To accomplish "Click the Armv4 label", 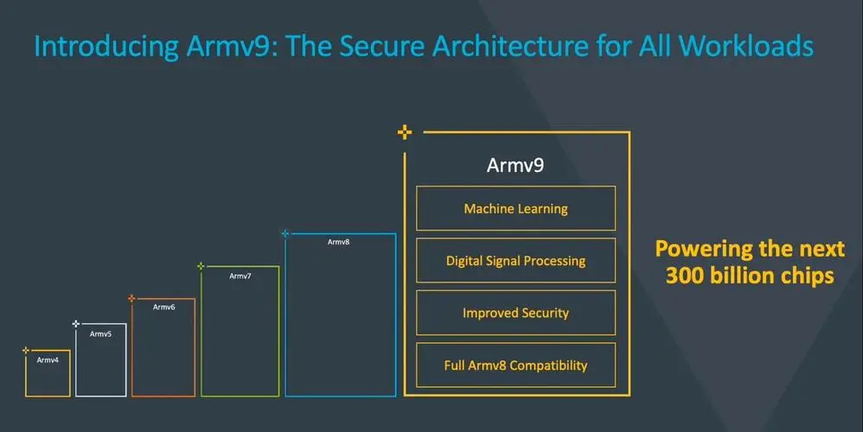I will [x=48, y=359].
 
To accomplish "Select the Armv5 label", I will [x=101, y=334].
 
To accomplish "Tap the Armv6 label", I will [x=164, y=307].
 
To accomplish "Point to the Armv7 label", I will [x=240, y=276].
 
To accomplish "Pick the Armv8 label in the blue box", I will [x=338, y=242].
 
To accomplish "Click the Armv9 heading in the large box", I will [x=515, y=164].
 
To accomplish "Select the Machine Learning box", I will [x=515, y=208].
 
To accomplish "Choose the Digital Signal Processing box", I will [x=515, y=260].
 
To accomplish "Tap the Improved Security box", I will [x=515, y=313].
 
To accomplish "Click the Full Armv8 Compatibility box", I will [x=515, y=365].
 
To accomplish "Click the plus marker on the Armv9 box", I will [x=404, y=132].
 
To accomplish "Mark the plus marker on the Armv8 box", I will [x=285, y=233].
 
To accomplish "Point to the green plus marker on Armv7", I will [x=201, y=266].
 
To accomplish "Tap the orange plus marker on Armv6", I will [x=131, y=299].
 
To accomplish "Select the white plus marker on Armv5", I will [x=76, y=323].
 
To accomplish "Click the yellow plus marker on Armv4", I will [x=26, y=350].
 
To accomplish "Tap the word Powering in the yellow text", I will [x=702, y=249].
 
